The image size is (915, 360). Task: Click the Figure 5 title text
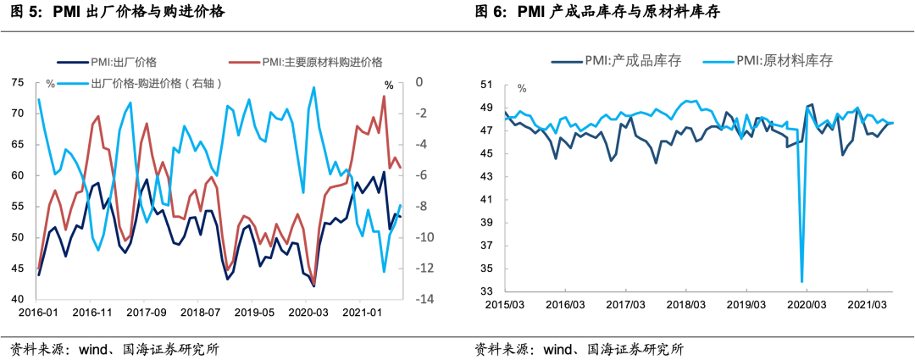(118, 13)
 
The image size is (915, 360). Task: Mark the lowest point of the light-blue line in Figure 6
(801, 281)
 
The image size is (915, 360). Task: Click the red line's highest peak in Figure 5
(384, 96)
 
